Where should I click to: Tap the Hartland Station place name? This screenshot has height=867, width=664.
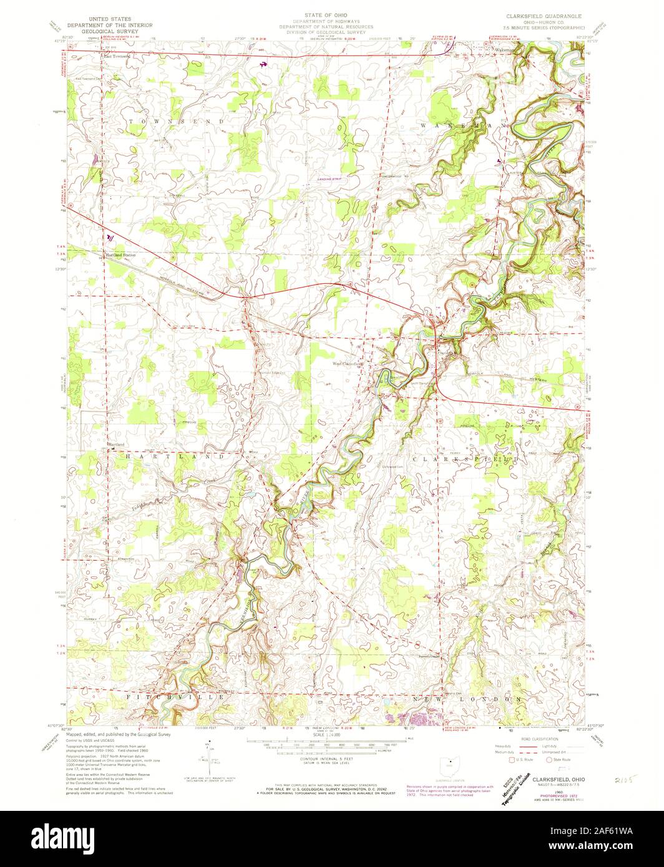point(120,255)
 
